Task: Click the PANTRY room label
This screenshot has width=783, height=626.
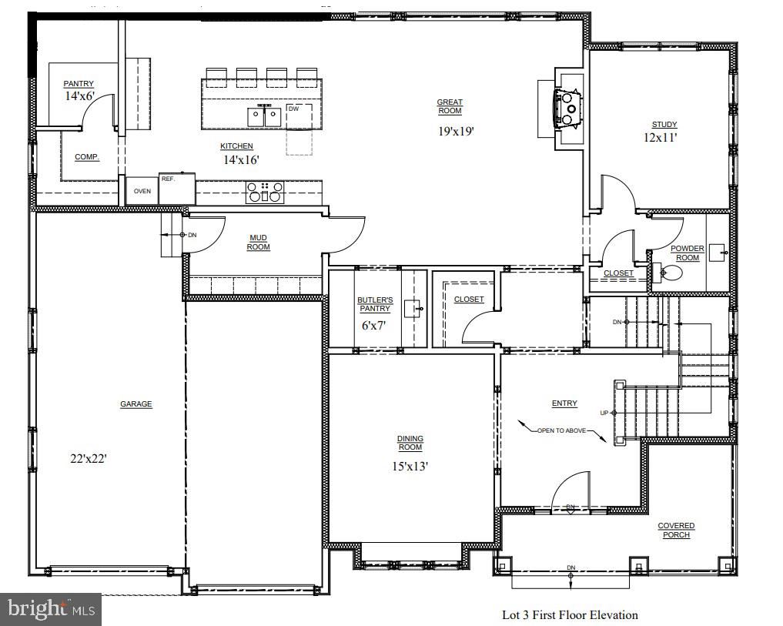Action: point(79,84)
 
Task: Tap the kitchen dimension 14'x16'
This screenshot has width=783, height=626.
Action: point(236,160)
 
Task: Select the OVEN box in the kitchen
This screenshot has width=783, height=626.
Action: point(142,191)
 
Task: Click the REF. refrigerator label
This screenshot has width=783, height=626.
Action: point(168,179)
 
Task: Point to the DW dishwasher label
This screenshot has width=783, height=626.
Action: point(293,109)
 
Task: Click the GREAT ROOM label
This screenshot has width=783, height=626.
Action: point(450,106)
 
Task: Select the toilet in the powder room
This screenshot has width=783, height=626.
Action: point(667,272)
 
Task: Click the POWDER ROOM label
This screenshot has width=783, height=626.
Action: point(687,253)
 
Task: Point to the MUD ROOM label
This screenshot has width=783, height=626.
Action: point(258,242)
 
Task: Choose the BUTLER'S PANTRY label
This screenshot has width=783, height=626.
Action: point(375,303)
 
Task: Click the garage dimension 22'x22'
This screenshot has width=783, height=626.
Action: point(89,458)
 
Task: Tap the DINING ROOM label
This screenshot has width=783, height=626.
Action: point(410,443)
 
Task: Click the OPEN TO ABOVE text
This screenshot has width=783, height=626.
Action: point(561,430)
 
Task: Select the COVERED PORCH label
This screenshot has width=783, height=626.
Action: point(676,530)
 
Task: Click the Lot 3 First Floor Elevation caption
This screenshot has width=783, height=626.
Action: point(570,614)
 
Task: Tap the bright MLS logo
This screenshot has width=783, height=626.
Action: point(51,609)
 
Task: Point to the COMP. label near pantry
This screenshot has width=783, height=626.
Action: point(86,157)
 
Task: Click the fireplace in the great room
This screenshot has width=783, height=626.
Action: point(567,107)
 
